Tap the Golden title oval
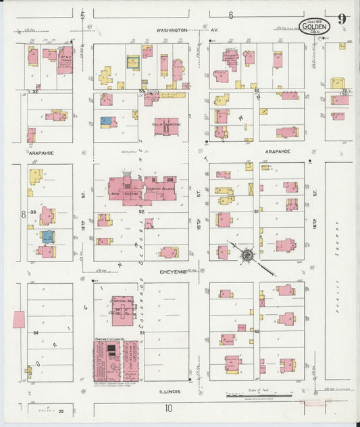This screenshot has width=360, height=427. pos(315,27)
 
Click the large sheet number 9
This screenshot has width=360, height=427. pos(343,20)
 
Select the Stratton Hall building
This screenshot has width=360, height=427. pos(124,309)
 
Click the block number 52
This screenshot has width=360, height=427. pos(142,211)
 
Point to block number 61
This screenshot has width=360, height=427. pos(257,211)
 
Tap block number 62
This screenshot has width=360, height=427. pos(257,331)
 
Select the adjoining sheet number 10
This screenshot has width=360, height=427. pos(168,407)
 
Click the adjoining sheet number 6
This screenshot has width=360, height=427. pos(230,15)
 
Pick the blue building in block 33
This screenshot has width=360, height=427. pos(47,236)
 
